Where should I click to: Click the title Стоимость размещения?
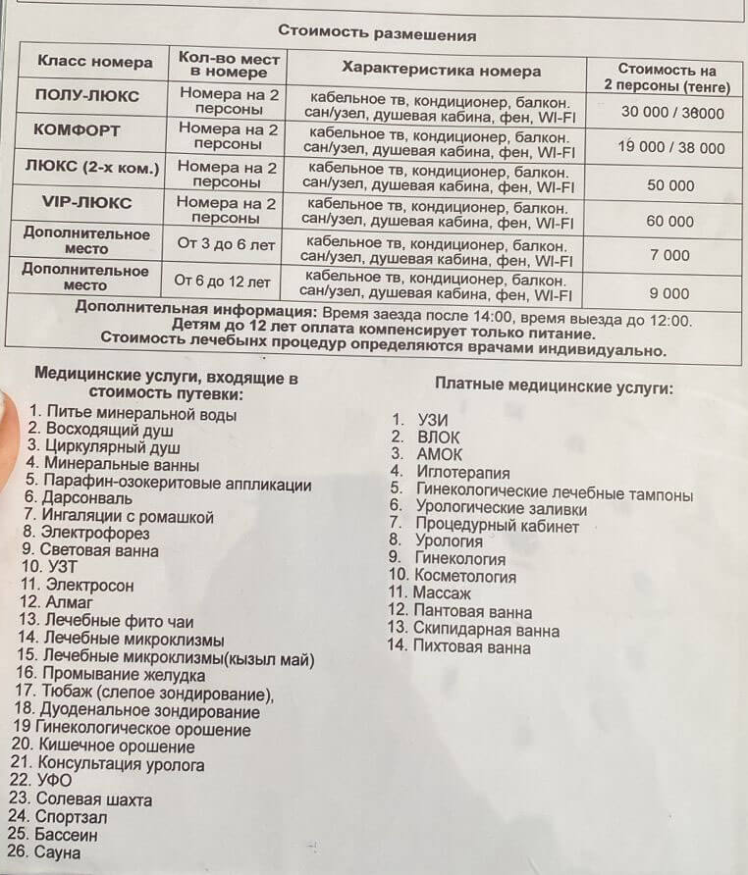coord(376,32)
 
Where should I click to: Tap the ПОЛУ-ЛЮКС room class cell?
coord(86,95)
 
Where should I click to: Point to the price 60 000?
coord(669,221)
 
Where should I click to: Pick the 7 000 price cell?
coord(669,255)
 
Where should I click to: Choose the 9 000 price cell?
coord(669,292)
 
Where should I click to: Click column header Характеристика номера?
coord(441,71)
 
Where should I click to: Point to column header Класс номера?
coord(95,62)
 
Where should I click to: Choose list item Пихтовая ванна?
coord(471,647)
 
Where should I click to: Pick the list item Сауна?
coord(57,853)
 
